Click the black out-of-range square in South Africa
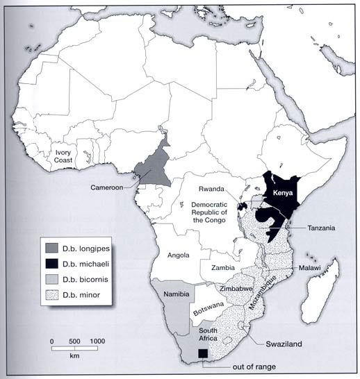click(202, 354)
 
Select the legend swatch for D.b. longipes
click(51, 249)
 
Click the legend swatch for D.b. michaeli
click(51, 266)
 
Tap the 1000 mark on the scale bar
click(98, 342)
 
